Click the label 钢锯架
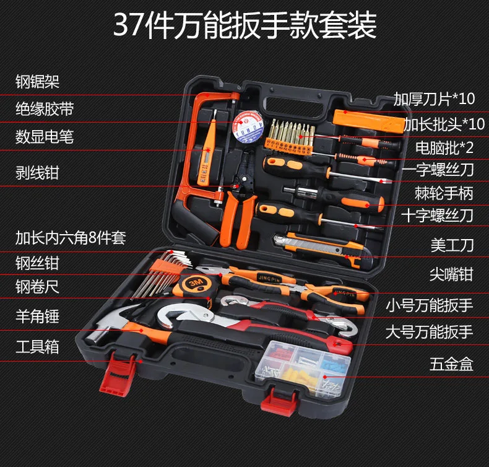coord(37,81)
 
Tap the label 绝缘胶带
coord(45,109)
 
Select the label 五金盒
coord(451,364)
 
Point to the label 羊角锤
coord(37,316)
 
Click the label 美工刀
coord(452,245)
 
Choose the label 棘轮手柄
coord(444,193)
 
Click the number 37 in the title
coord(128,25)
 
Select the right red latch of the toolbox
coord(279,401)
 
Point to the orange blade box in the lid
coord(368,120)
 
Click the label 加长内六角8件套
coord(71,238)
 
